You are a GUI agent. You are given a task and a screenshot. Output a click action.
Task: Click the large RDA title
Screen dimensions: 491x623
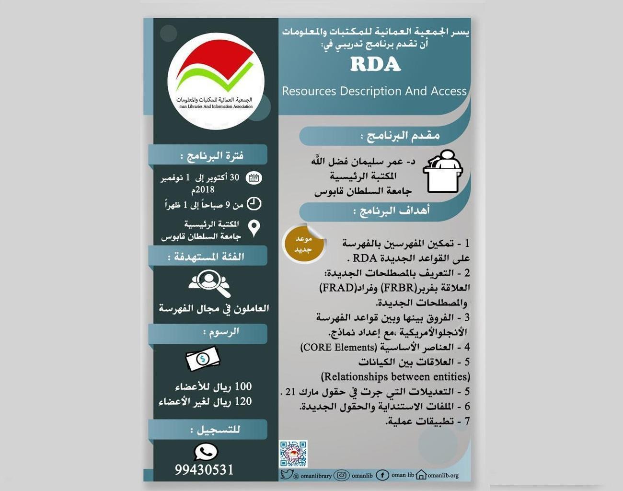[x=375, y=64]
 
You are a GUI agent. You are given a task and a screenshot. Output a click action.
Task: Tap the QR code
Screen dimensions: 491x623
[x=293, y=454]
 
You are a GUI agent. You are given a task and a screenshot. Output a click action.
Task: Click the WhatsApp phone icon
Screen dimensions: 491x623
[x=206, y=451]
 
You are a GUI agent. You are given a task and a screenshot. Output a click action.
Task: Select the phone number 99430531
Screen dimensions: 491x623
[x=204, y=470]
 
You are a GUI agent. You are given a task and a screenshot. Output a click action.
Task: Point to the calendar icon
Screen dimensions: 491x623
[x=254, y=178]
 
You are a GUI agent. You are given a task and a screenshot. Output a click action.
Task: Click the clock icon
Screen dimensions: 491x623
[x=254, y=204]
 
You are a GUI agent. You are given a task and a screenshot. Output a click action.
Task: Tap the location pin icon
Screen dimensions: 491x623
[x=254, y=228]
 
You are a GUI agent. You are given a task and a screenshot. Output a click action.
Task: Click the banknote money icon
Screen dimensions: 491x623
[x=203, y=359]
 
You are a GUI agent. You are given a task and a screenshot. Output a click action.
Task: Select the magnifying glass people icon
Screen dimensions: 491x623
[x=209, y=283]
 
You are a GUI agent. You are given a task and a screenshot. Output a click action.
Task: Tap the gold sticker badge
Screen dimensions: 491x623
[x=303, y=244]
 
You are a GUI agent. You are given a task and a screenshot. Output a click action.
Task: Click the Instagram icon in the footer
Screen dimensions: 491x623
[x=341, y=475]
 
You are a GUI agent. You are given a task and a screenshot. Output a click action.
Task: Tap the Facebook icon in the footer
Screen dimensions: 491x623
[x=382, y=475]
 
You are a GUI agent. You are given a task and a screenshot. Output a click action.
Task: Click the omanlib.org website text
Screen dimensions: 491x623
[x=443, y=476]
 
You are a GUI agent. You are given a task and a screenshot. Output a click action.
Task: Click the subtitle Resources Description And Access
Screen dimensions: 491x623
[x=374, y=91]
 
